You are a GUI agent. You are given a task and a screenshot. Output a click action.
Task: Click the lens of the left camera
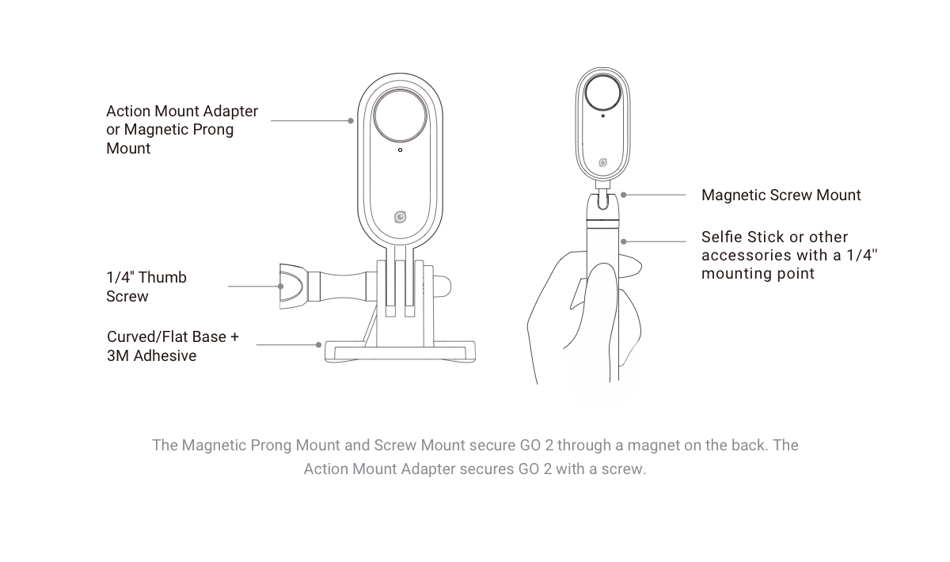400,116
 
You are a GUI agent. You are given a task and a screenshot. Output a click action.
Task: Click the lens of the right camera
602,93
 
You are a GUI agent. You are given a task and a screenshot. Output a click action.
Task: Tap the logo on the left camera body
400,217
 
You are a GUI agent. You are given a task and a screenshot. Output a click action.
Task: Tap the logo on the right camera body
602,162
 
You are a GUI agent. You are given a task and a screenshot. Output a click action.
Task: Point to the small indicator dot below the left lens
400,150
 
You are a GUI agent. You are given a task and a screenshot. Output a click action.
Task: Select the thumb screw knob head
293,287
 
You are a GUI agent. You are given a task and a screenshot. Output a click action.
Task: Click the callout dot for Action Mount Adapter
351,121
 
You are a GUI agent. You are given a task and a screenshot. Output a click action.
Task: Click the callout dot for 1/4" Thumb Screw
280,287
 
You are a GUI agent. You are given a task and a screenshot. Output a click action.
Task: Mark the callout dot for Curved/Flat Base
318,345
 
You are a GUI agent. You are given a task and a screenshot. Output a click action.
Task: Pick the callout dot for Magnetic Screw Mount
624,195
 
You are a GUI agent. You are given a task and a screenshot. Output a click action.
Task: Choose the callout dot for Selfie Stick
624,241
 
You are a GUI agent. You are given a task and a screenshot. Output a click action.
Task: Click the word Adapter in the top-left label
230,112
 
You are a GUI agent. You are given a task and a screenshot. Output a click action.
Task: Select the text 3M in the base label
118,356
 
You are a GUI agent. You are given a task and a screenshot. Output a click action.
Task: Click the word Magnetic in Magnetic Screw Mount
733,195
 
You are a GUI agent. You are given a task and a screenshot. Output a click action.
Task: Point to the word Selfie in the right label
722,237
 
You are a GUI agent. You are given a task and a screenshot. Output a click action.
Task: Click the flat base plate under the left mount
400,351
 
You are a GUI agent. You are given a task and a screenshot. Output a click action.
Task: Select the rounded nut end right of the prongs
443,287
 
